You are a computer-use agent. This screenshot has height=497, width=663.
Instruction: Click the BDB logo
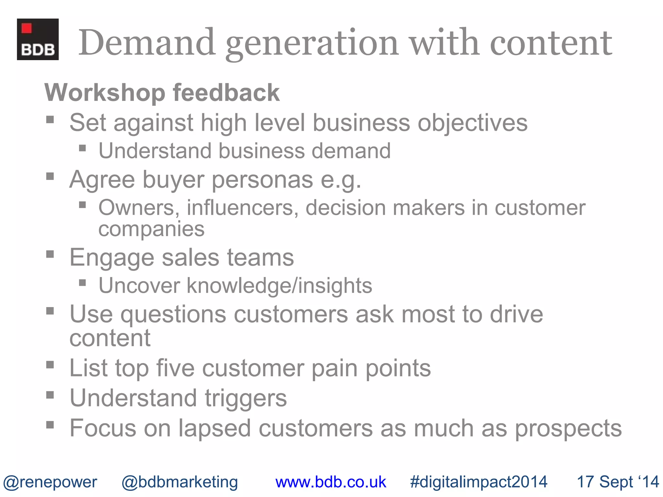[38, 39]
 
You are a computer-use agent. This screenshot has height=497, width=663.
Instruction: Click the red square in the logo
[27, 28]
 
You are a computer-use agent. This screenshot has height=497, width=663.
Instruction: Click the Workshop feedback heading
[162, 93]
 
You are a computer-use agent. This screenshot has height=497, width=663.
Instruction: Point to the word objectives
[472, 123]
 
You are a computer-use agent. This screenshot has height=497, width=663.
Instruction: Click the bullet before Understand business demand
[83, 149]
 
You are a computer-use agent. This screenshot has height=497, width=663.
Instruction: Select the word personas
[262, 180]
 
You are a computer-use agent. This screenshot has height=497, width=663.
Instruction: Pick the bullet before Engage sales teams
[50, 254]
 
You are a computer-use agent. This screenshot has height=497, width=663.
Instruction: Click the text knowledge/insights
[279, 286]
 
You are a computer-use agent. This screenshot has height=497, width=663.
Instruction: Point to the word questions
[173, 315]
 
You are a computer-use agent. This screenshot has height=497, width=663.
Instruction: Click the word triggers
[246, 399]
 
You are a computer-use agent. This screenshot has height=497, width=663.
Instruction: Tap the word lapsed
[215, 428]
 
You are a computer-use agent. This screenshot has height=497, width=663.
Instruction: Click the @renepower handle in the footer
[50, 482]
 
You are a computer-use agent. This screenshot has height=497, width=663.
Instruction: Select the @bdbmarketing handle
[180, 482]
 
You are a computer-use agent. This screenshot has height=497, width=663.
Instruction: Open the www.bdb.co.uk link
[331, 482]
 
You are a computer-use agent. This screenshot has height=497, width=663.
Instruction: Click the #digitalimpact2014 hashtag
[478, 482]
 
